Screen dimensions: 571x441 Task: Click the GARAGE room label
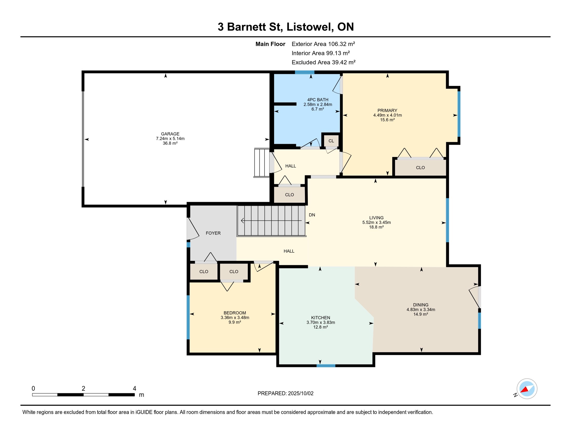click(170, 134)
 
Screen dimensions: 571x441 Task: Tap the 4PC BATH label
click(318, 100)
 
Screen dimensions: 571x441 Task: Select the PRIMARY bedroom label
click(387, 111)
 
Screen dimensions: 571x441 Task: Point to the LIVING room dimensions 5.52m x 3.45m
click(376, 223)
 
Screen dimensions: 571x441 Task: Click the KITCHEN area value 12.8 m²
click(321, 327)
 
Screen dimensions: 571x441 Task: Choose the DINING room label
click(420, 305)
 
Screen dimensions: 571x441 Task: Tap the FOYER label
click(213, 233)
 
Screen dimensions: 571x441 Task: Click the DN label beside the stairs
click(312, 215)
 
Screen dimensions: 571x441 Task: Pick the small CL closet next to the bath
click(331, 141)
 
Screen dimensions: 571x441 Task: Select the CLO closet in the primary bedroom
click(420, 168)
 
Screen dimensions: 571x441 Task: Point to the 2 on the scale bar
click(83, 388)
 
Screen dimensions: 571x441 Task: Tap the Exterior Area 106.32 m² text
click(323, 44)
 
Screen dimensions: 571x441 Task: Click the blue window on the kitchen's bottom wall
click(326, 366)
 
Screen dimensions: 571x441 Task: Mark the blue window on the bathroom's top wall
click(304, 72)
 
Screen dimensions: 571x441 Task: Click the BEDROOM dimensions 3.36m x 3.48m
click(235, 318)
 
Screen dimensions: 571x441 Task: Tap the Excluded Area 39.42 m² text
click(323, 62)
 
